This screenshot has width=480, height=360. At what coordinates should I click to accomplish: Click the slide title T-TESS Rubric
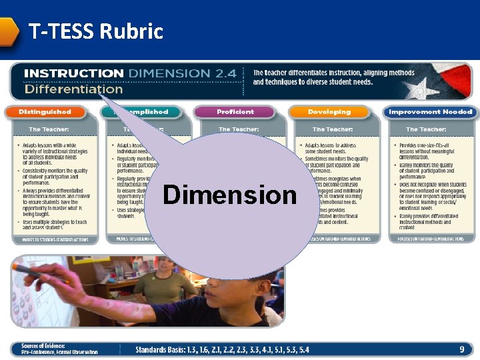click(95, 31)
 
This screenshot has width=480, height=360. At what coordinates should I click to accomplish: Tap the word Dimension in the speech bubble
click(230, 195)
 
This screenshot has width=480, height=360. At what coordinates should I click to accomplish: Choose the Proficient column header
click(235, 112)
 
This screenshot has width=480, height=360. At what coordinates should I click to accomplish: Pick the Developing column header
click(329, 112)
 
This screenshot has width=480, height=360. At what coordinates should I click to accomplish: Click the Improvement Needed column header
click(430, 112)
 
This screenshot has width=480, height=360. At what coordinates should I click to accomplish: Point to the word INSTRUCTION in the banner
click(73, 73)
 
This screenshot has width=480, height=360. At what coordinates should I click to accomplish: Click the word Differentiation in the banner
click(73, 89)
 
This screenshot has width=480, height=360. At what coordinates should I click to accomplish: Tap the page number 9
click(461, 349)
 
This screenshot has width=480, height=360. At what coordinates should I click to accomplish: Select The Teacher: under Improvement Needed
click(426, 129)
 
